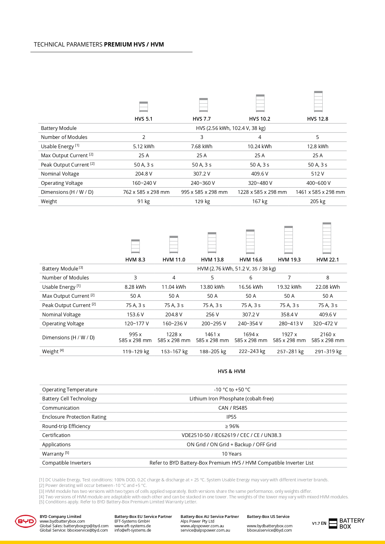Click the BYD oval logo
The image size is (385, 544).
pyautogui.click(x=26, y=521)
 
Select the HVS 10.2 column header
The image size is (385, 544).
pyautogui.click(x=260, y=119)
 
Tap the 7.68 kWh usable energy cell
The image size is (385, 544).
pyautogui.click(x=202, y=146)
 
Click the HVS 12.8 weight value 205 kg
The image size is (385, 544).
pyautogui.click(x=318, y=201)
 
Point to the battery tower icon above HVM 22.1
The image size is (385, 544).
pyautogui.click(x=327, y=238)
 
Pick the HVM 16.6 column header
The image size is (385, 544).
pyautogui.click(x=251, y=260)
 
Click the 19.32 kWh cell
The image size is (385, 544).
pyautogui.click(x=289, y=287)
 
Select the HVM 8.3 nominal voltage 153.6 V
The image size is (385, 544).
pyautogui.click(x=135, y=314)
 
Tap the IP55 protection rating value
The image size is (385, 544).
pyautogui.click(x=231, y=417)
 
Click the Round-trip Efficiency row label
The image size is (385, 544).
pyautogui.click(x=66, y=426)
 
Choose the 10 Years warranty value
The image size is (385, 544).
pyautogui.click(x=231, y=454)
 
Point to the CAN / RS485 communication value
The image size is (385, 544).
pyautogui.click(x=233, y=408)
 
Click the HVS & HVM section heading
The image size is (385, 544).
pyautogui.click(x=231, y=371)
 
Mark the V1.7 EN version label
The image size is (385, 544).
pyautogui.click(x=319, y=523)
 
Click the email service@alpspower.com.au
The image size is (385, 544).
pyautogui.click(x=205, y=530)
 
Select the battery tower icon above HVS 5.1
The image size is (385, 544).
pyautogui.click(x=144, y=106)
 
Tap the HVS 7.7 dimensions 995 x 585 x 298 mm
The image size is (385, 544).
pyautogui.click(x=204, y=192)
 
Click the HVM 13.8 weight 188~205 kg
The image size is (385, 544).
pyautogui.click(x=213, y=351)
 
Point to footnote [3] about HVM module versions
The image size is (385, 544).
pyautogui.click(x=175, y=491)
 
